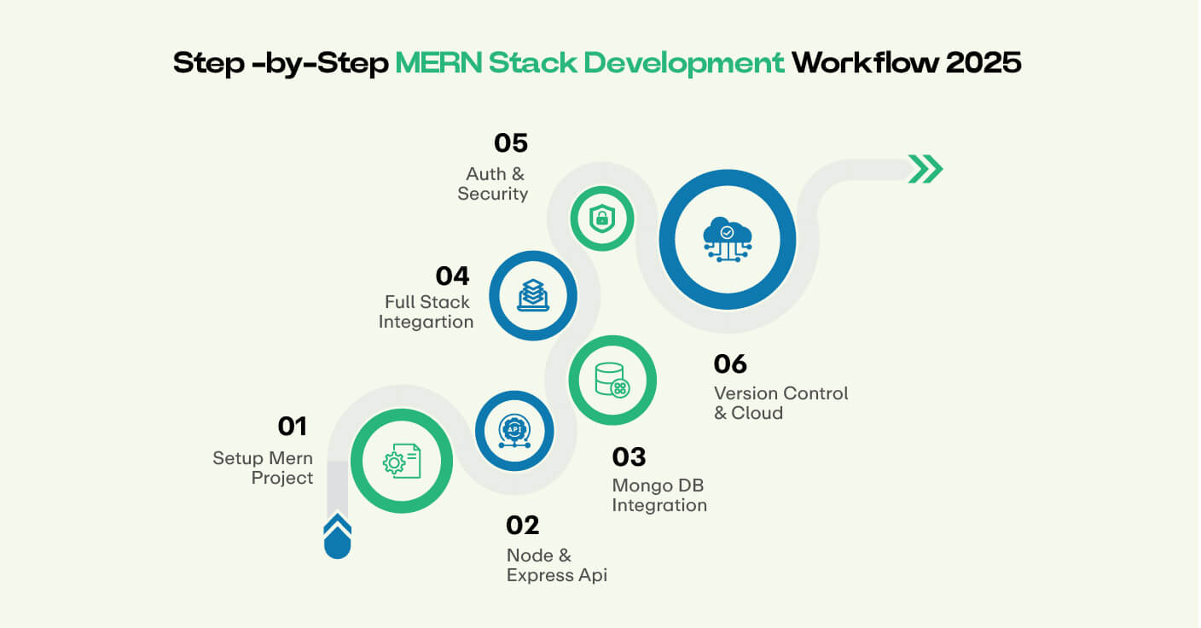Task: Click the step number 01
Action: coord(292,426)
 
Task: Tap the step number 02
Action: coord(523,525)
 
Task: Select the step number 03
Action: coord(630,456)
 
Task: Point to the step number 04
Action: coord(452,276)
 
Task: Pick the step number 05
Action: coord(510,142)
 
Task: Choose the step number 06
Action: coord(730,364)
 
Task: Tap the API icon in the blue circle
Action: coord(514,431)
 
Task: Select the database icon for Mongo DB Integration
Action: coord(612,381)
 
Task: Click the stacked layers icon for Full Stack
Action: coord(533,295)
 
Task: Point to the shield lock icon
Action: coord(602,218)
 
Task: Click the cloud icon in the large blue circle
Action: coord(727,239)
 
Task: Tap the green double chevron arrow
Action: coord(925,169)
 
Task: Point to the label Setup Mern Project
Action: coord(263,468)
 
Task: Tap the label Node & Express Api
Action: coord(556,566)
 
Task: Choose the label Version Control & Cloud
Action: coord(780,403)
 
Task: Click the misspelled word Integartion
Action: coord(426,322)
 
